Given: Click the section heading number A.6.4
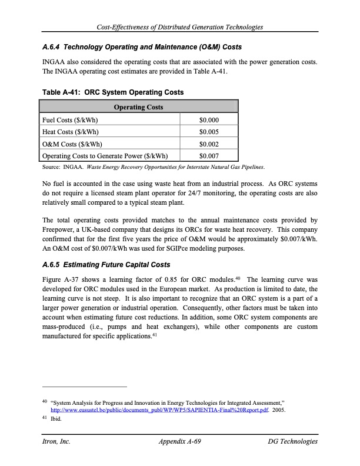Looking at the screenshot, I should [52, 46].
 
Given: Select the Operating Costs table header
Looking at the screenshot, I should [138, 107].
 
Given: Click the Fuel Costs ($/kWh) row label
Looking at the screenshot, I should [70, 119].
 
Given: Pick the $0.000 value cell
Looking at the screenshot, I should [209, 119].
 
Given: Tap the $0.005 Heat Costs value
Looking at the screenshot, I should [209, 132].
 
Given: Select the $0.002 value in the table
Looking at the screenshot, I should [209, 144].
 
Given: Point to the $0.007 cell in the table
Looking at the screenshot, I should [209, 157].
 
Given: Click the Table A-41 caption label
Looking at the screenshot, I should [62, 92].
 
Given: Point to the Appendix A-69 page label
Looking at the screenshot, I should [181, 441].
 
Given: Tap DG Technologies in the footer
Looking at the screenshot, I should [292, 441].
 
